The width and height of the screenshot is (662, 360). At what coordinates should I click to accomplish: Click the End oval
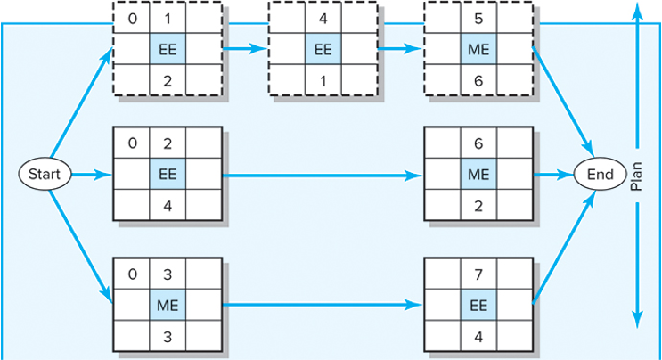tap(599, 175)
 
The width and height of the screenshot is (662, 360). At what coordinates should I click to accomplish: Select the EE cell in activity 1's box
tap(167, 50)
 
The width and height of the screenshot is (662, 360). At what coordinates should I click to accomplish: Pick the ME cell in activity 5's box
tap(478, 50)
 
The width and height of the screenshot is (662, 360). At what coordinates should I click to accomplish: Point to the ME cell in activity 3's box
tap(167, 305)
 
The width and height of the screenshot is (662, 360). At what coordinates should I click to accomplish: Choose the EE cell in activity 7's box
tap(478, 305)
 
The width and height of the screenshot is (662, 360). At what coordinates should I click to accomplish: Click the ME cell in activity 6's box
tap(478, 175)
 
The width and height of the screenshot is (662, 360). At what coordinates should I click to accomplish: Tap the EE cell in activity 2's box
tap(167, 175)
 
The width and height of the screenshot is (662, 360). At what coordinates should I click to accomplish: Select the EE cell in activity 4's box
tap(323, 50)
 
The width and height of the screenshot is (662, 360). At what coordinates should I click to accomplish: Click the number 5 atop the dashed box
tap(478, 18)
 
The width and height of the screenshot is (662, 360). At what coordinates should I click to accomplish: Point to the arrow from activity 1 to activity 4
tap(246, 50)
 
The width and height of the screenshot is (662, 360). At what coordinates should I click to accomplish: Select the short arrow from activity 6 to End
tap(553, 175)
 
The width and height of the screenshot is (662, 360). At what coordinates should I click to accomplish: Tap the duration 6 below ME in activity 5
tap(478, 80)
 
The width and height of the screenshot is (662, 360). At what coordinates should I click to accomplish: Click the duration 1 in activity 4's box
tap(323, 80)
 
